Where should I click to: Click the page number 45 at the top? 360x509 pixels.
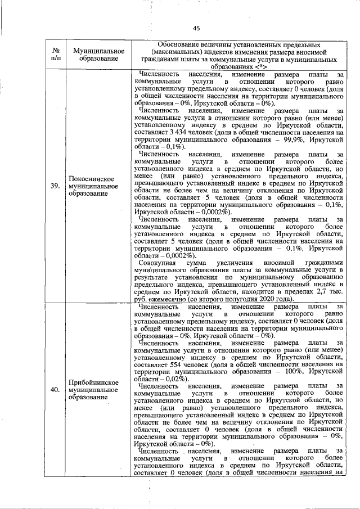[x=196, y=28]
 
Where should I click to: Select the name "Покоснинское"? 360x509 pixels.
[x=92, y=178]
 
